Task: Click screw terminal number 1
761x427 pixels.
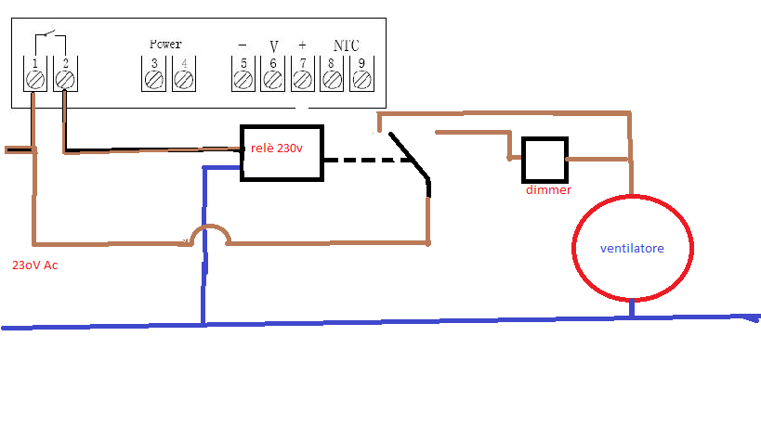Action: pos(35,80)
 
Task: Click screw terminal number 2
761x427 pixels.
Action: pos(64,80)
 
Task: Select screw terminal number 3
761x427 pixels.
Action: pos(154,80)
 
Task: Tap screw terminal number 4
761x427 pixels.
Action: pos(183,80)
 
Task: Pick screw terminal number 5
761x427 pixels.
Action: pos(243,80)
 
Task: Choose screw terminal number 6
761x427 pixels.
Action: pos(272,80)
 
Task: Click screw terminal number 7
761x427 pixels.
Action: pos(302,80)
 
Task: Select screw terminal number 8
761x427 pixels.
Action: pos(332,80)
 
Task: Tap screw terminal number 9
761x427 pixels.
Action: pos(361,80)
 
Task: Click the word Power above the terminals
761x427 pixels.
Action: pos(165,44)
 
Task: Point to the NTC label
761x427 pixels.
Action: pos(347,45)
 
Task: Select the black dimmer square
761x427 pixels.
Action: pos(544,160)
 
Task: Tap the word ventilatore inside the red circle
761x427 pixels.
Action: pos(632,249)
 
